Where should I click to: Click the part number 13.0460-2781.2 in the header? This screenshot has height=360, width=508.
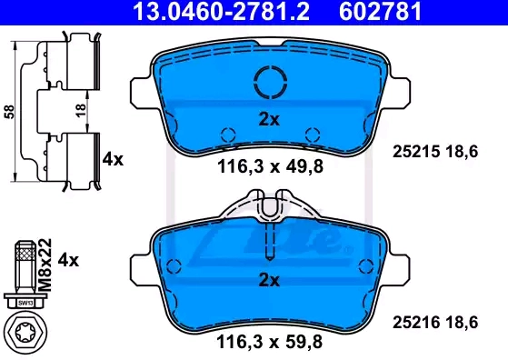click(221, 11)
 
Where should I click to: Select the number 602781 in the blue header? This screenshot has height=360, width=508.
click(381, 11)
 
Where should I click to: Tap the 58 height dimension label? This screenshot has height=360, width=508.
click(9, 112)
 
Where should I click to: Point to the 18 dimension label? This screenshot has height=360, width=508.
click(81, 110)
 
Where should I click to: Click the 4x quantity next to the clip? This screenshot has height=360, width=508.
click(113, 159)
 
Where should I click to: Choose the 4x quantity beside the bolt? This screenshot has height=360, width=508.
click(68, 260)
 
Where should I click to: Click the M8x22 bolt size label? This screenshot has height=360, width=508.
click(45, 265)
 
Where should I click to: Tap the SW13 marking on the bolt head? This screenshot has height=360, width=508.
click(25, 304)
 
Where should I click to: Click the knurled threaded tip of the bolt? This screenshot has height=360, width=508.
click(26, 251)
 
